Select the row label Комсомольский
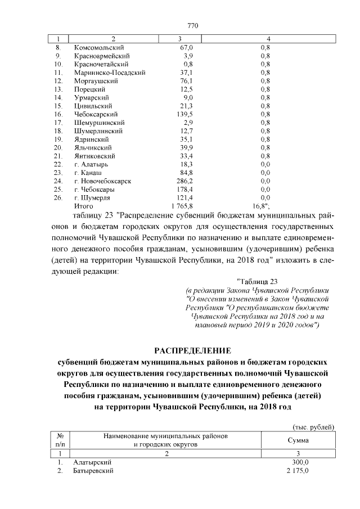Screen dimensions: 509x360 [99, 48]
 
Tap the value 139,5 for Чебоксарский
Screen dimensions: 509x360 [184, 114]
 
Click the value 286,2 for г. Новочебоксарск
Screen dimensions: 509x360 [183, 181]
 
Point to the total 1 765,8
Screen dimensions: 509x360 [181, 206]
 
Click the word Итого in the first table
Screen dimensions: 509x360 [84, 206]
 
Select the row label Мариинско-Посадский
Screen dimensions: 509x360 [110, 73]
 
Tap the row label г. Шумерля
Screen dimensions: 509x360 [91, 198]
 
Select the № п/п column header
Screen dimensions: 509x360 [60, 440]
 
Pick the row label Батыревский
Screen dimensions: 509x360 [93, 470]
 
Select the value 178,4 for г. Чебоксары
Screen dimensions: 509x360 [184, 190]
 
